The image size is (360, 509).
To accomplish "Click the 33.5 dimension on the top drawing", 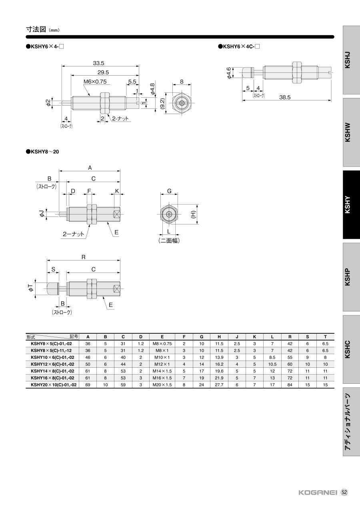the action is tap(98, 63).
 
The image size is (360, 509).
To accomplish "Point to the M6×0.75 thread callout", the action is tap(95, 82).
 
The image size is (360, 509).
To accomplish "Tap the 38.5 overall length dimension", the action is tap(285, 97).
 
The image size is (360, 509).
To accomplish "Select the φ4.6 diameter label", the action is tap(229, 73).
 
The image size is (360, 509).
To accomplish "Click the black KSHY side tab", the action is tap(351, 204).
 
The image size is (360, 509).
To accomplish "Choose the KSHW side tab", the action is tap(351, 132).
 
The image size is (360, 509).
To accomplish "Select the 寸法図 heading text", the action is tap(36, 29).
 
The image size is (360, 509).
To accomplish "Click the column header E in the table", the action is tap(162, 337).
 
